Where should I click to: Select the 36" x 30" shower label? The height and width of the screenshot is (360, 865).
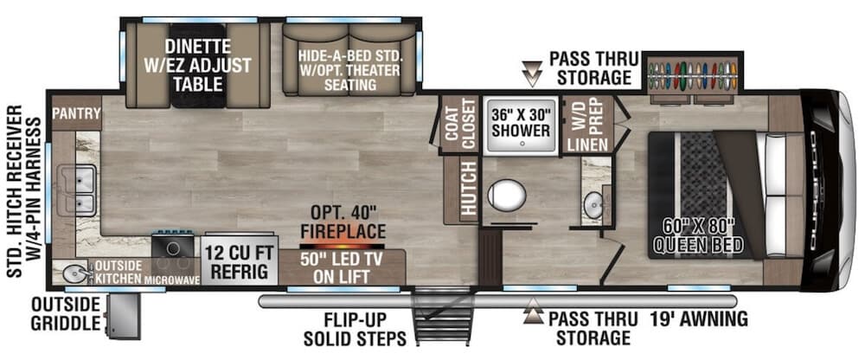[521, 123]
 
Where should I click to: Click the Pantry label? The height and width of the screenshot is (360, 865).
[77, 113]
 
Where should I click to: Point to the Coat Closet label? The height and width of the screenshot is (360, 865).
[462, 125]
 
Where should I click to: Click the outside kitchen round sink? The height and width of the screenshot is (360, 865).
[73, 273]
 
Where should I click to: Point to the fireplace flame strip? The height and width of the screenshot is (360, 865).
[342, 245]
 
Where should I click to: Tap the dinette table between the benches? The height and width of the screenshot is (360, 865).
[197, 65]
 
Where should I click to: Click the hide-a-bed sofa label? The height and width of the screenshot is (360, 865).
[350, 71]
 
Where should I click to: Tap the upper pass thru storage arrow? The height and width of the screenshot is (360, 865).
[532, 74]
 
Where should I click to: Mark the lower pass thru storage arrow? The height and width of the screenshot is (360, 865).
[532, 311]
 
